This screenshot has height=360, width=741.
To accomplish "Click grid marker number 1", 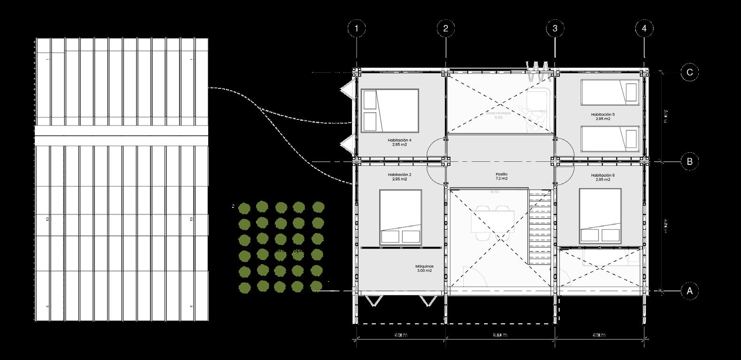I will tap(357, 29).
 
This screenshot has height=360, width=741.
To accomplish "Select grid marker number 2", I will tap(445, 29).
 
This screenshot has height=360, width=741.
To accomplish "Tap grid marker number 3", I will tap(555, 29).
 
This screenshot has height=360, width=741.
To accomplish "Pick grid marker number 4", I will tap(644, 29).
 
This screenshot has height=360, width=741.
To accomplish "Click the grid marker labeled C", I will tap(689, 72).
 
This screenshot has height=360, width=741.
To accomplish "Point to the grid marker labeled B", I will tap(689, 162).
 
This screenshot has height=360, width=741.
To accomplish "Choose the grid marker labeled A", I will tap(689, 291).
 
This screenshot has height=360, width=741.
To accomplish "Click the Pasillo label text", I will tap(501, 174).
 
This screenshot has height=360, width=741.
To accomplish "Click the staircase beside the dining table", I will tap(538, 228).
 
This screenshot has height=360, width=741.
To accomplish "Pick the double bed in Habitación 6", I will tap(601, 215).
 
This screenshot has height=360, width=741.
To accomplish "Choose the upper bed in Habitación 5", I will tap(610, 92).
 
